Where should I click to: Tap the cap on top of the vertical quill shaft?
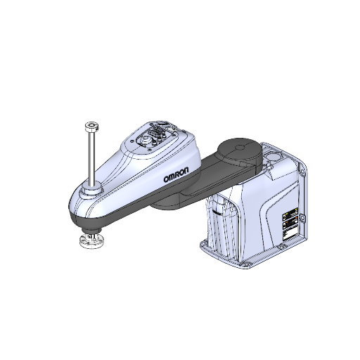click(x=91, y=127)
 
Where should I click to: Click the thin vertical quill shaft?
click(x=91, y=158)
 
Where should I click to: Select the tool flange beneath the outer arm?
click(x=91, y=241)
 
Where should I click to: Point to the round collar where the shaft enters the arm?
click(x=91, y=189)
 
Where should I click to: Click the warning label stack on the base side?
click(x=290, y=224)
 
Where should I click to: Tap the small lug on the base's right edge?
click(x=303, y=219)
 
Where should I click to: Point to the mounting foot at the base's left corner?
click(x=204, y=245)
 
